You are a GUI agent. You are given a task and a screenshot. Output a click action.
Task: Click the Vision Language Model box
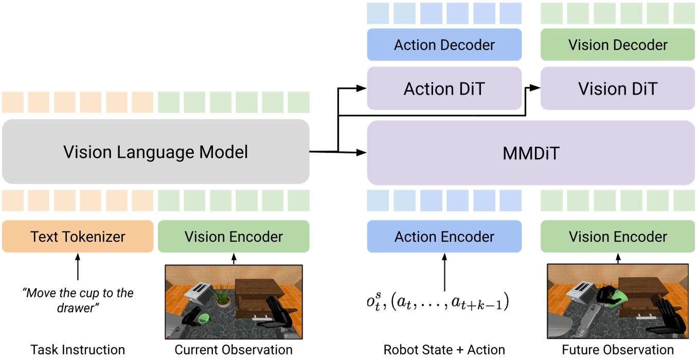click(x=155, y=152)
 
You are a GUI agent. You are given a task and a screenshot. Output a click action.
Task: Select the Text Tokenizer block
click(x=78, y=237)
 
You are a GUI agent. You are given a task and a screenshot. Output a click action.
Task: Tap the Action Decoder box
click(x=444, y=45)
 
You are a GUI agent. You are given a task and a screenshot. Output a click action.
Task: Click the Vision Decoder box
click(x=617, y=45)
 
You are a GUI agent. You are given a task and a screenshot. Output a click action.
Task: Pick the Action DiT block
click(x=444, y=88)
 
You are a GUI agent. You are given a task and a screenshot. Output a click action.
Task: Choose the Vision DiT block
click(x=617, y=88)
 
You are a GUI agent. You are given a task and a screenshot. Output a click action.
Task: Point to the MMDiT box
click(x=530, y=153)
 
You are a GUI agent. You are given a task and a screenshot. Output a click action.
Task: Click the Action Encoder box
click(x=444, y=237)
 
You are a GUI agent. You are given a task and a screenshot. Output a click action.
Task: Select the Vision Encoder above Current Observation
click(x=234, y=237)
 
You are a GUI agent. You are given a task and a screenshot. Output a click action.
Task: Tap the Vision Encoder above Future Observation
click(x=617, y=237)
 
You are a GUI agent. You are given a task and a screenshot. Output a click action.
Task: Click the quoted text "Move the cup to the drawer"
click(x=78, y=300)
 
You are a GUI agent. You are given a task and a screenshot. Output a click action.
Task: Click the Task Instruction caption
click(x=78, y=350)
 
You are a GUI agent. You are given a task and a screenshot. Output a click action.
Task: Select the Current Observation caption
click(x=234, y=350)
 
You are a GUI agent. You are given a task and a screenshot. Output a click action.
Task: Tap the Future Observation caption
click(x=617, y=350)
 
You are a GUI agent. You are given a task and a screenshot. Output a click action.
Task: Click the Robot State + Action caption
click(x=444, y=350)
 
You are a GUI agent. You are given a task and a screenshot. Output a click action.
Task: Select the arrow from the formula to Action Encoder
click(x=444, y=273)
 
